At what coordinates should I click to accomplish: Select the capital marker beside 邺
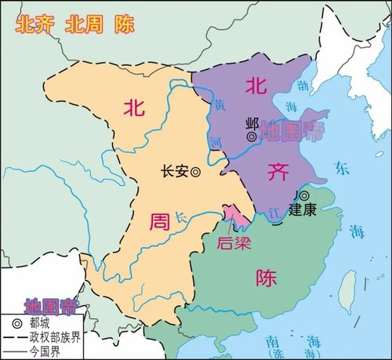pyautogui.click(x=252, y=136)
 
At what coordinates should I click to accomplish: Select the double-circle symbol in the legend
pyautogui.click(x=16, y=322)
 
